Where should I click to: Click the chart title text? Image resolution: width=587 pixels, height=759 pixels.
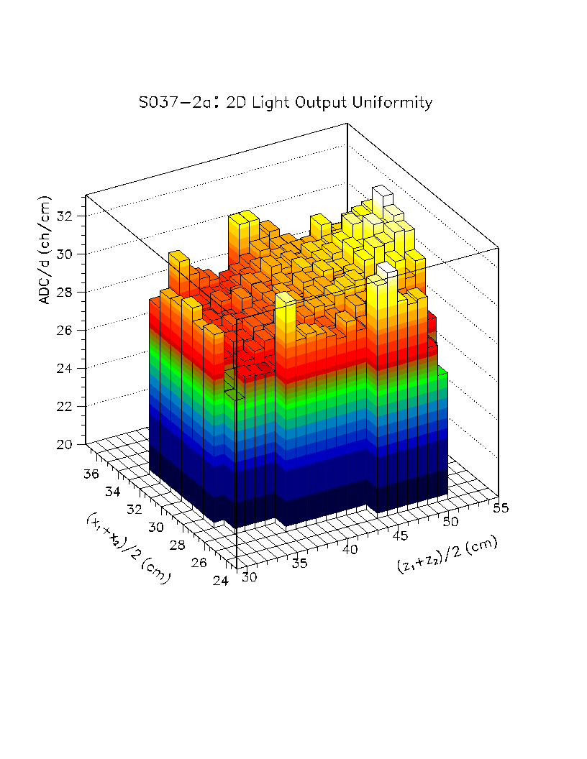pos(286,103)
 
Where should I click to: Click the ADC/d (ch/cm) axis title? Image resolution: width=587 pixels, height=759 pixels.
pos(45,249)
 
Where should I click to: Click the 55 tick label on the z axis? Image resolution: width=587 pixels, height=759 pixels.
pos(501,508)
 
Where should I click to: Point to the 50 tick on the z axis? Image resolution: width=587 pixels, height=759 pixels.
pos(451,521)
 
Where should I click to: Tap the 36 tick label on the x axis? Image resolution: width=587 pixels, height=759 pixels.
pos(91,474)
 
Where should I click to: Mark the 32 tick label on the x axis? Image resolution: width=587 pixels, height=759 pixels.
pos(134,510)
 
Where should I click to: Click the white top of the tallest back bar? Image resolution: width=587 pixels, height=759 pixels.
pos(382,191)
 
